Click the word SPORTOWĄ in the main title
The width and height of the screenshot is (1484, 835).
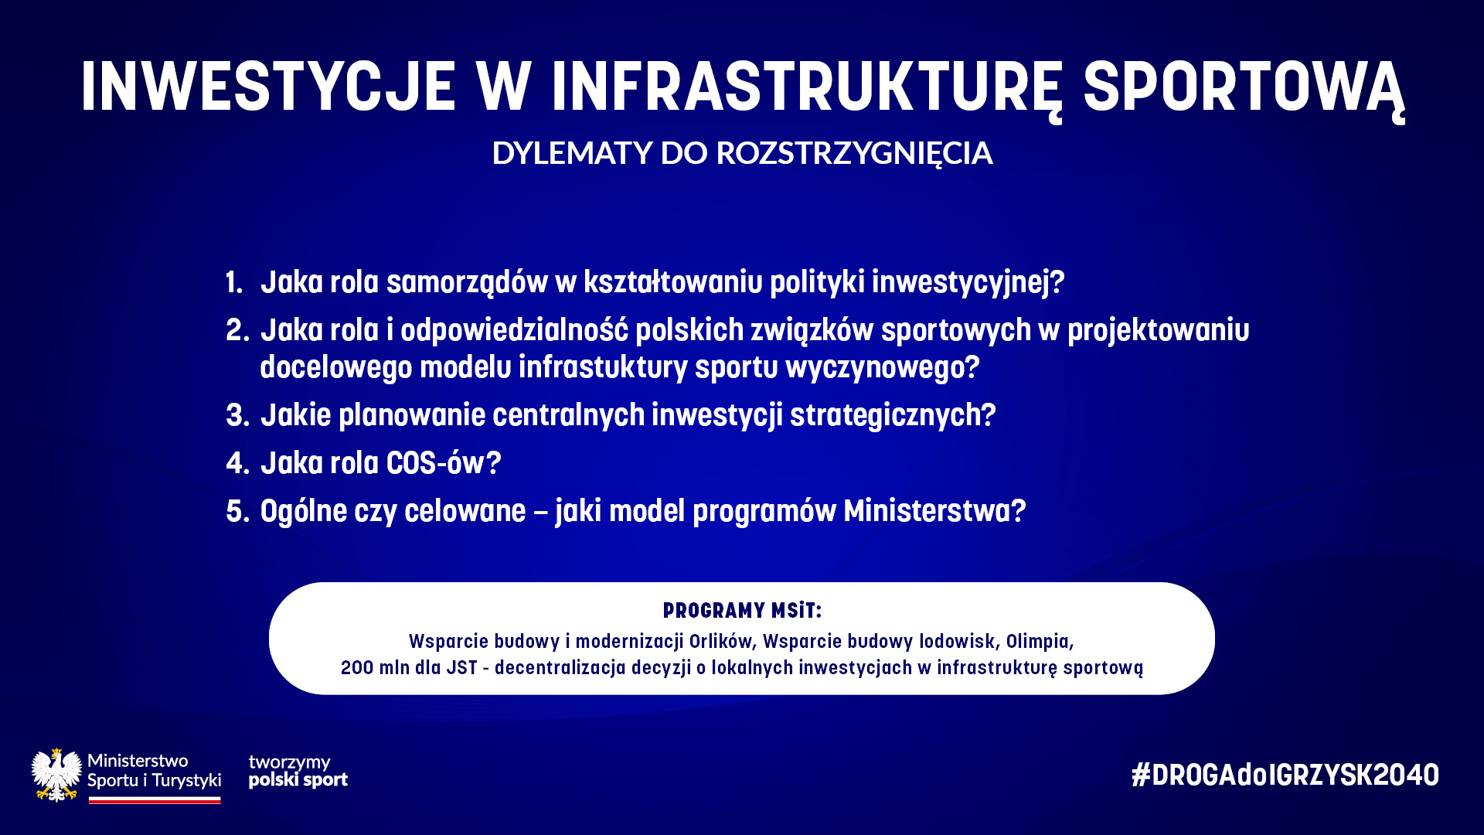pos(1244,88)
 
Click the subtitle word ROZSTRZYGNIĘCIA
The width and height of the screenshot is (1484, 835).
pos(854,154)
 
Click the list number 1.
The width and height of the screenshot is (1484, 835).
pos(234,282)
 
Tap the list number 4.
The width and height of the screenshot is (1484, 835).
pos(237,463)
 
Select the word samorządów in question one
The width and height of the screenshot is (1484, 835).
pos(467,283)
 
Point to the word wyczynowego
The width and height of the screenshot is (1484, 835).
pos(882,368)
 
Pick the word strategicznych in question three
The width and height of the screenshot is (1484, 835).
pos(893,416)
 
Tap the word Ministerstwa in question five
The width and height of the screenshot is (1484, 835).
pos(934,511)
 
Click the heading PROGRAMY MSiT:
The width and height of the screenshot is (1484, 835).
pos(742,611)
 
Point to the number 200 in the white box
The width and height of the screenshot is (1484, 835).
pos(357,668)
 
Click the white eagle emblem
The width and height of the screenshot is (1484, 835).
pos(56,775)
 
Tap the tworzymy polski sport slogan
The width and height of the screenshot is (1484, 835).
pos(298,772)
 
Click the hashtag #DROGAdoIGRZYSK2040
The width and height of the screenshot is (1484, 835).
pos(1285,775)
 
